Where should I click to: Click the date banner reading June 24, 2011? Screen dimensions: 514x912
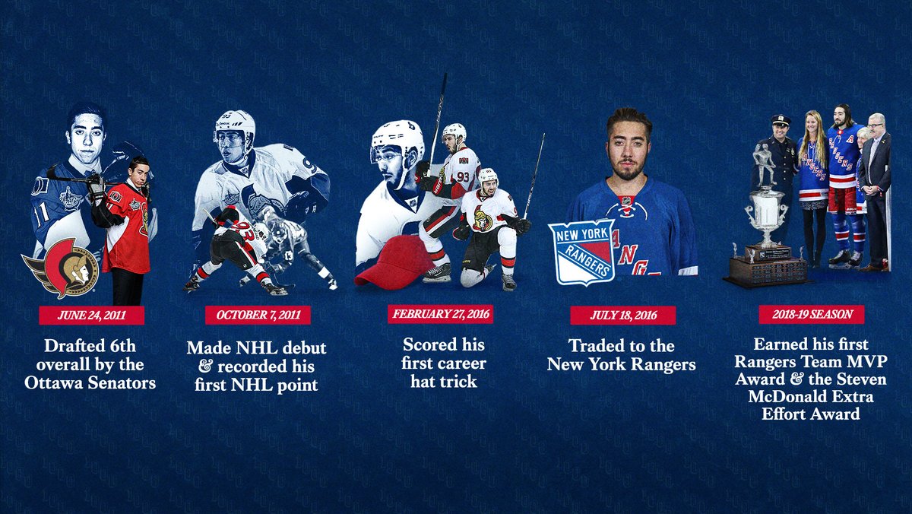(90, 315)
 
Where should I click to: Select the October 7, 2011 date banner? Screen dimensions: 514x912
(258, 315)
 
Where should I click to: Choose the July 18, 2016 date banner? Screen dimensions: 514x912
(622, 315)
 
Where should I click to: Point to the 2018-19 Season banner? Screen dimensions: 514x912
(811, 315)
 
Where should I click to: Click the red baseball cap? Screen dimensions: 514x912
(394, 262)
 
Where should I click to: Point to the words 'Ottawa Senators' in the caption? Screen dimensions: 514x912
(90, 382)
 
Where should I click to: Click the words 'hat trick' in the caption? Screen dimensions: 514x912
(444, 381)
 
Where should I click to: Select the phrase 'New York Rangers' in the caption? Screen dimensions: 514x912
(622, 364)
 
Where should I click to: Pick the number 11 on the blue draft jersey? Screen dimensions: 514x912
(40, 211)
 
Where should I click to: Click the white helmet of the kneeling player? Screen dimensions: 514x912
(487, 176)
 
